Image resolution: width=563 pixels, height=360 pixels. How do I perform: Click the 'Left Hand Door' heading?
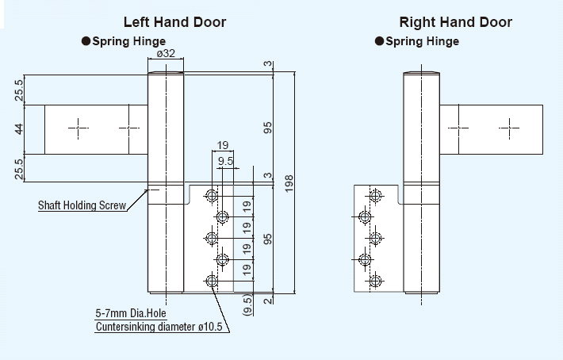point(174,22)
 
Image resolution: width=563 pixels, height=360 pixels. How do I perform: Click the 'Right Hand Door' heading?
point(455,22)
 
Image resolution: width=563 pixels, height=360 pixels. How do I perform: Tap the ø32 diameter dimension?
point(167,54)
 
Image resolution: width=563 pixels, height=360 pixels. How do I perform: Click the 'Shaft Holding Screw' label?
point(82,206)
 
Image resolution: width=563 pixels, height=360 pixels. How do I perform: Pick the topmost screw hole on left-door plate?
point(212,195)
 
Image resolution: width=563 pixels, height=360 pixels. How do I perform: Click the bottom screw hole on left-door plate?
point(212,280)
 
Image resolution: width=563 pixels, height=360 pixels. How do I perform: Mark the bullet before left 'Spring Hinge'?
point(86,41)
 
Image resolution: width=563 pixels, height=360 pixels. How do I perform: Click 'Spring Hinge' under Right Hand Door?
point(422,41)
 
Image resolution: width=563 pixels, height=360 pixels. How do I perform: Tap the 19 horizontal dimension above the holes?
point(222,145)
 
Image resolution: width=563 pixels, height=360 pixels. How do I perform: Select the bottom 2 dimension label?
point(270,299)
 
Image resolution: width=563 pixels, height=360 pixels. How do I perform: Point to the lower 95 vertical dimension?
point(268,239)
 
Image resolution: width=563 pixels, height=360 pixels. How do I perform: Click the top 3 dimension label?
point(270,64)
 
